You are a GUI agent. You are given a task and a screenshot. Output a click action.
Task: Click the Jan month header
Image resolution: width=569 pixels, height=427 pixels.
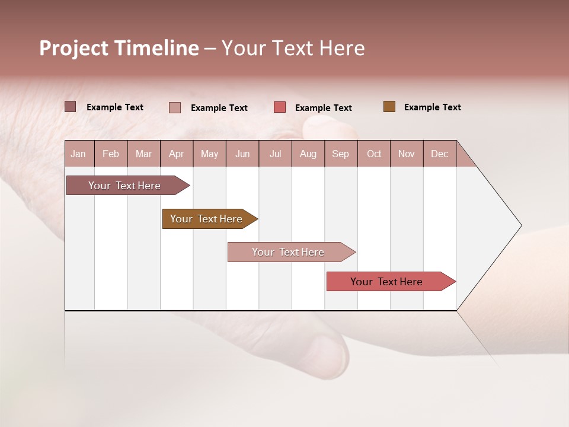[79, 154]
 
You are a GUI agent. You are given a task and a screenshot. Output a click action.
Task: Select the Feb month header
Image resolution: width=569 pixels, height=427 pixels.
[111, 154]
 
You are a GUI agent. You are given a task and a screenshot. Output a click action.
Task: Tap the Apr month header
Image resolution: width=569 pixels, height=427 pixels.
[177, 154]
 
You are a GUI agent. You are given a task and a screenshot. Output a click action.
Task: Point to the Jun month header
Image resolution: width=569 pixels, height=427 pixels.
[242, 154]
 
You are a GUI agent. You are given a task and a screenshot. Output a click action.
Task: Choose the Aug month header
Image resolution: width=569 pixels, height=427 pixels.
[308, 154]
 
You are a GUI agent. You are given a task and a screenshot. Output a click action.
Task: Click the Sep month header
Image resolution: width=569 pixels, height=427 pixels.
[341, 154]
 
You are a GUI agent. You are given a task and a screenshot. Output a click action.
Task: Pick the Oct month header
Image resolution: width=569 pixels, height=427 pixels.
[374, 154]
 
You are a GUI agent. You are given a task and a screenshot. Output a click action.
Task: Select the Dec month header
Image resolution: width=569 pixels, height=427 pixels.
[440, 154]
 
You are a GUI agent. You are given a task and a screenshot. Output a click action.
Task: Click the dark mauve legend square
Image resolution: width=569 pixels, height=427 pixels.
[71, 107]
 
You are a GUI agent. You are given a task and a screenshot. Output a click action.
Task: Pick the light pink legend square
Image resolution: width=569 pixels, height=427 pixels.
[175, 107]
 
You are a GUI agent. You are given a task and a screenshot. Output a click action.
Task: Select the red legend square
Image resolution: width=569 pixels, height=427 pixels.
[280, 107]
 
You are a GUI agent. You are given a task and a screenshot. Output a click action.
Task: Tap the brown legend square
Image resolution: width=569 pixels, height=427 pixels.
[389, 107]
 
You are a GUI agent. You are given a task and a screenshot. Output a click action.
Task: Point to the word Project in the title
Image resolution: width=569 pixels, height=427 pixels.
[73, 49]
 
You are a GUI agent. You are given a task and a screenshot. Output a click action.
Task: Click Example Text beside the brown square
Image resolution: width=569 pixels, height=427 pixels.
[432, 107]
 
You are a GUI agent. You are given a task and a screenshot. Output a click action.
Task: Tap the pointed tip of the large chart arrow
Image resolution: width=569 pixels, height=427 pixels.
[520, 225]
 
